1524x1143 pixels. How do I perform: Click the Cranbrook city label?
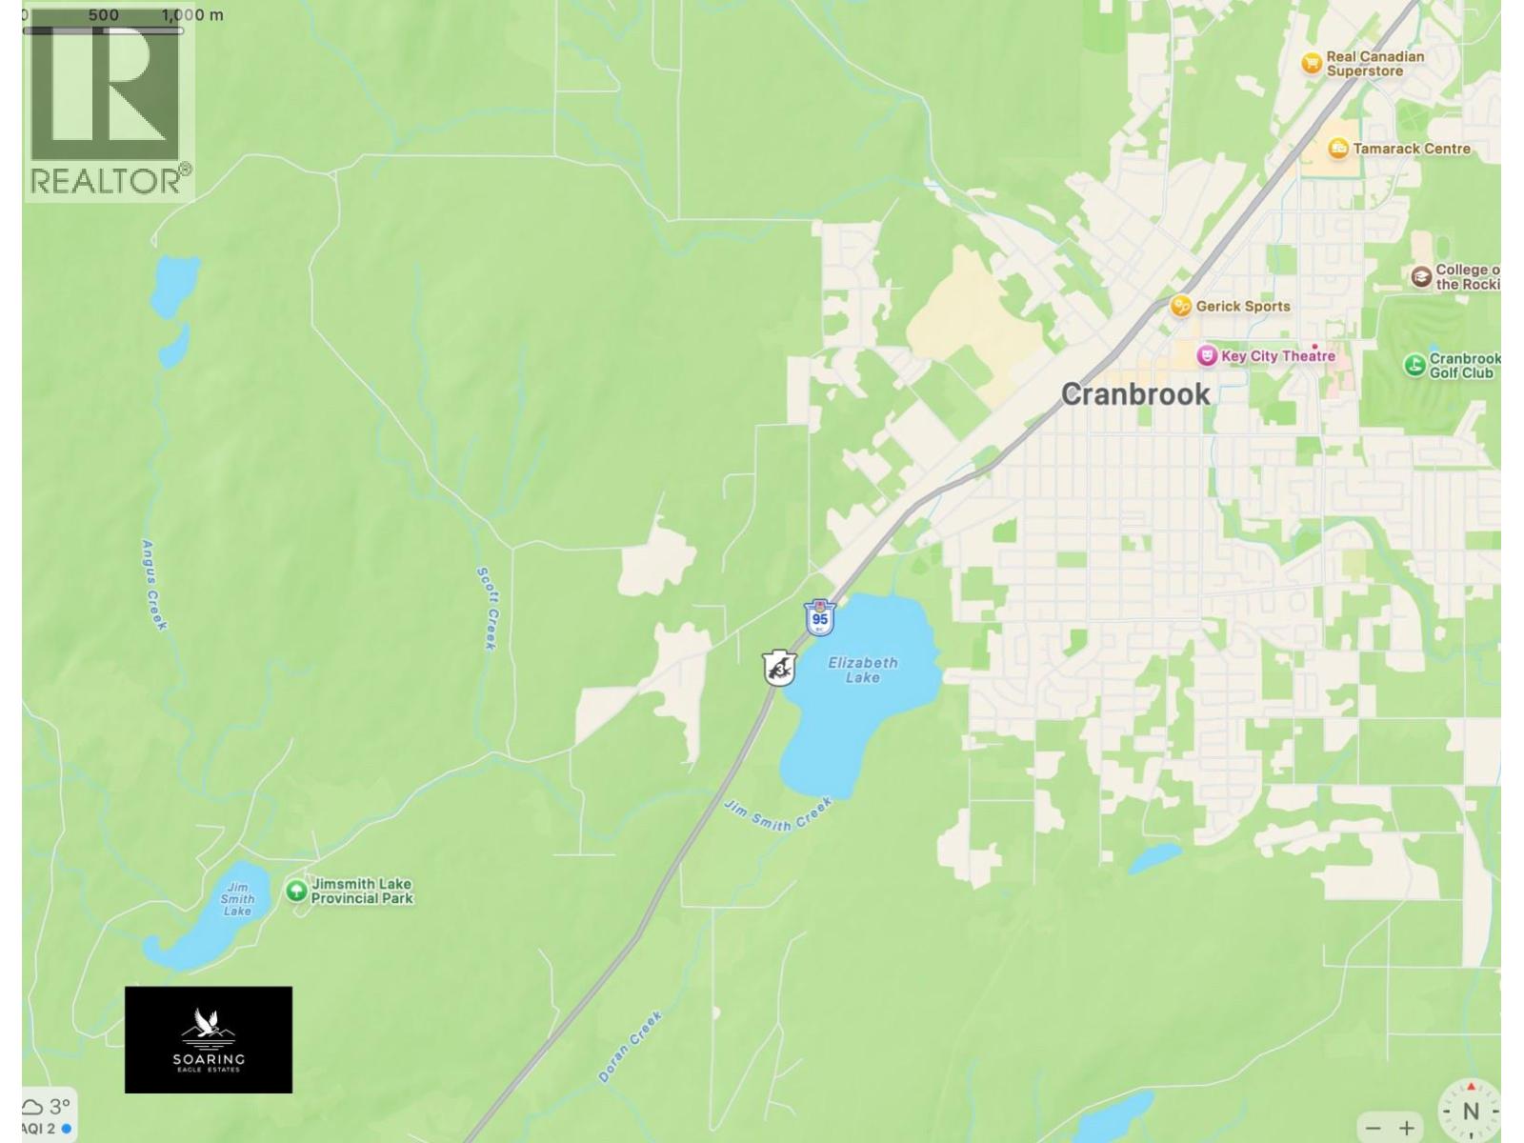point(1135,394)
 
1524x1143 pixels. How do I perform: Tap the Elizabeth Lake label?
point(862,670)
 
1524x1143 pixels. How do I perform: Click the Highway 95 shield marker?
point(819,617)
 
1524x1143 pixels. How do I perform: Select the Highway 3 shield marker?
point(779,669)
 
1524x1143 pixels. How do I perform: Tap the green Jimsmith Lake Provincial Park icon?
point(296,891)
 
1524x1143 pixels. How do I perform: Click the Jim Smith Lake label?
point(237,898)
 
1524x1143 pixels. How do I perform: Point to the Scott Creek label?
point(487,608)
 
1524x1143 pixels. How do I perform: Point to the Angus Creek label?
point(153,585)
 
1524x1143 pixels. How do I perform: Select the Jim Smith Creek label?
point(778,814)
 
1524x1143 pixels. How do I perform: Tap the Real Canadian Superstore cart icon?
point(1312,63)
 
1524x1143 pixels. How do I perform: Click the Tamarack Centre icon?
point(1338,149)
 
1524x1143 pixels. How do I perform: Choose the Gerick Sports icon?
point(1181,306)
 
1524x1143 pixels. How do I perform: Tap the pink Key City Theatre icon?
point(1207,356)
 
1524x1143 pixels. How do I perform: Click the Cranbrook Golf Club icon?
point(1414,364)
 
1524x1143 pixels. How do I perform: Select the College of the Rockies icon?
point(1421,276)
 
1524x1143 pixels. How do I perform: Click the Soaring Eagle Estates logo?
point(209,1039)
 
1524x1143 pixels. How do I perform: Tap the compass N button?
point(1470,1111)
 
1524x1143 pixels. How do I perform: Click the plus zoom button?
point(1406,1128)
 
